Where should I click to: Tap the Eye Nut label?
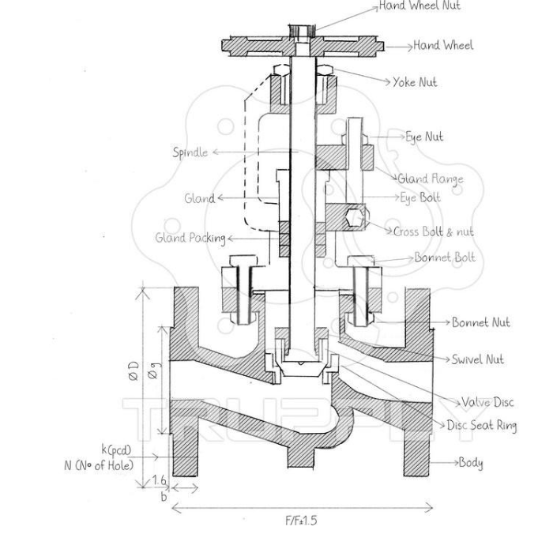(424, 137)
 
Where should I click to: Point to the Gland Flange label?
(430, 179)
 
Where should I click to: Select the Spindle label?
(190, 152)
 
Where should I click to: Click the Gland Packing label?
(189, 238)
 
